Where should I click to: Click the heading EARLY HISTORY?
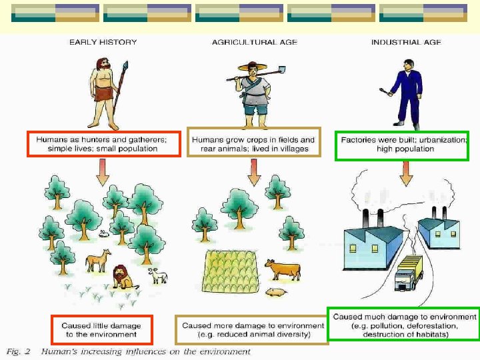103,42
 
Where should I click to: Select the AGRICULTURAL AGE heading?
255,42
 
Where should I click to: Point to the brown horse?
98,260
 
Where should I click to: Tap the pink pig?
275,292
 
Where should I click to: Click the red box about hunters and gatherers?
103,144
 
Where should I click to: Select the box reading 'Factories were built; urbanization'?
402,145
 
